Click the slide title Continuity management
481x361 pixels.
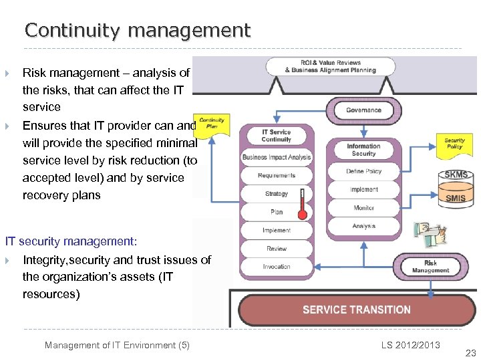click(x=138, y=31)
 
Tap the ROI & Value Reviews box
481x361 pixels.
click(x=330, y=66)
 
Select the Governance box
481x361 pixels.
click(x=363, y=110)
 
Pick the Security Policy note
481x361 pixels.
click(x=454, y=144)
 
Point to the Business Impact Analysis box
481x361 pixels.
click(x=277, y=158)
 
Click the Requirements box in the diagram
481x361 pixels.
click(x=277, y=176)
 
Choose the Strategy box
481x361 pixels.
click(x=277, y=194)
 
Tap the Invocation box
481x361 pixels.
click(x=277, y=266)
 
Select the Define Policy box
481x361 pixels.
click(x=363, y=172)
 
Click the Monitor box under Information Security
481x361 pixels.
click(x=363, y=208)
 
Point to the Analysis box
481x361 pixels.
click(x=363, y=226)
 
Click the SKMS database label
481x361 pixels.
click(x=456, y=175)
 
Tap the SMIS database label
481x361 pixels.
click(x=456, y=198)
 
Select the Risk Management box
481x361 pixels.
click(x=430, y=267)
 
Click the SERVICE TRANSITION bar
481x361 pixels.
click(x=356, y=310)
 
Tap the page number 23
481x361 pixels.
click(x=470, y=353)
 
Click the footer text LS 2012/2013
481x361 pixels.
click(x=411, y=345)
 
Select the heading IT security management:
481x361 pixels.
click(x=71, y=240)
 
